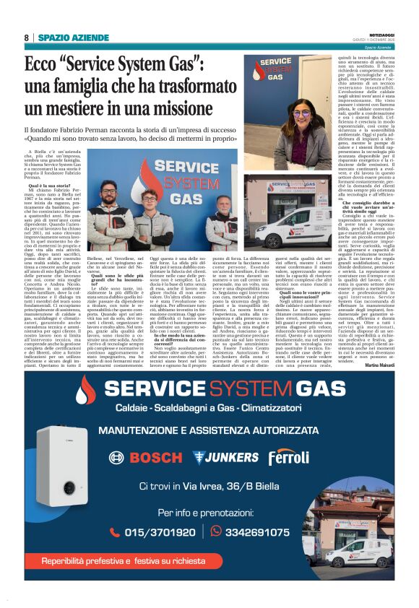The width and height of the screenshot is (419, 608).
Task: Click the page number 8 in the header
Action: click(26, 37)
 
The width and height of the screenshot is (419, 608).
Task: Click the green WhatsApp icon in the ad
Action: click(216, 531)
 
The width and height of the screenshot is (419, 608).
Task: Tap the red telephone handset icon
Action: click(114, 532)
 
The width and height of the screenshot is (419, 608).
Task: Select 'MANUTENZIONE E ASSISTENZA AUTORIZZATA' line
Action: click(208, 431)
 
